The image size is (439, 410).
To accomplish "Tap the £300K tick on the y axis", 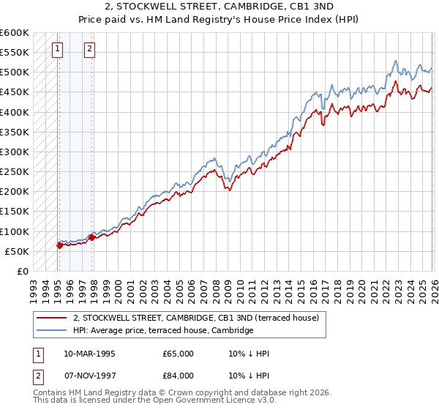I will [15, 152].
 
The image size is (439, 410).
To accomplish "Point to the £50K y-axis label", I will [17, 252].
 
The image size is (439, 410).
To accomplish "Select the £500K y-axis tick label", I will [15, 72].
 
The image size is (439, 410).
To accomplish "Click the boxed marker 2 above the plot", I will [90, 49].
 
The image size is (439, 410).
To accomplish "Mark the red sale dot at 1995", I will [59, 245].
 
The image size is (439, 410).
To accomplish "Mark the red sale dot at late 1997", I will [91, 237].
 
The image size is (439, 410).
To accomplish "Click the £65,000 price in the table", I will [178, 354].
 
